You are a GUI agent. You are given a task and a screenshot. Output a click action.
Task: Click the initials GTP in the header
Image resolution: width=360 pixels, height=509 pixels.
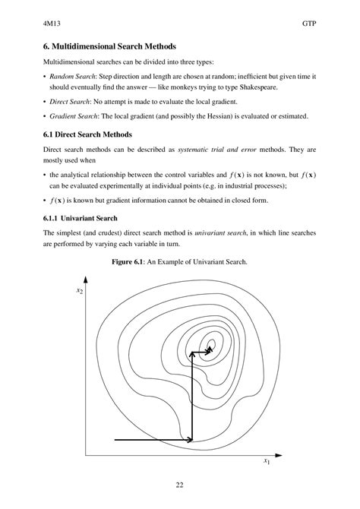[x=308, y=24]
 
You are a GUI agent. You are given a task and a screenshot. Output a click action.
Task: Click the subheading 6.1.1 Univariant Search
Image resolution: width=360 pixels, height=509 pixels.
[x=81, y=217]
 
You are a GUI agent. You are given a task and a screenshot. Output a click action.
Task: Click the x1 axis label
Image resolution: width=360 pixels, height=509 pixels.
[x=267, y=461]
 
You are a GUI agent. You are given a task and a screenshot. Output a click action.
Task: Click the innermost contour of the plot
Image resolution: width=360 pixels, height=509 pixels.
[x=211, y=346]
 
